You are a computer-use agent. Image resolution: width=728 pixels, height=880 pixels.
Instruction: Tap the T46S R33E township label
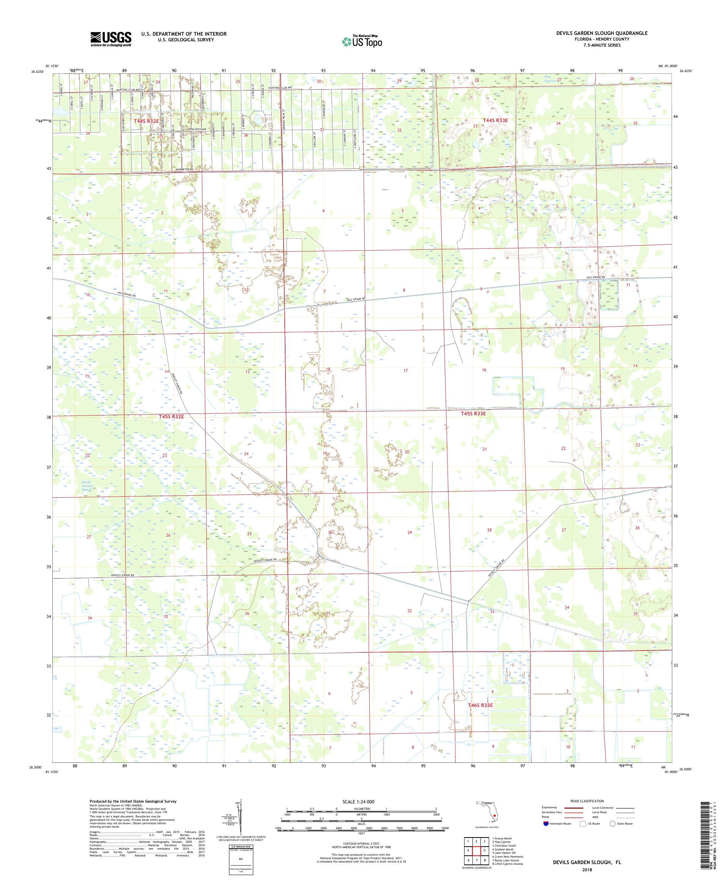click(480, 705)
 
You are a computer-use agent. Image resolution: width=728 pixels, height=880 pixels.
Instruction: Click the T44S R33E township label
click(495, 120)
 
